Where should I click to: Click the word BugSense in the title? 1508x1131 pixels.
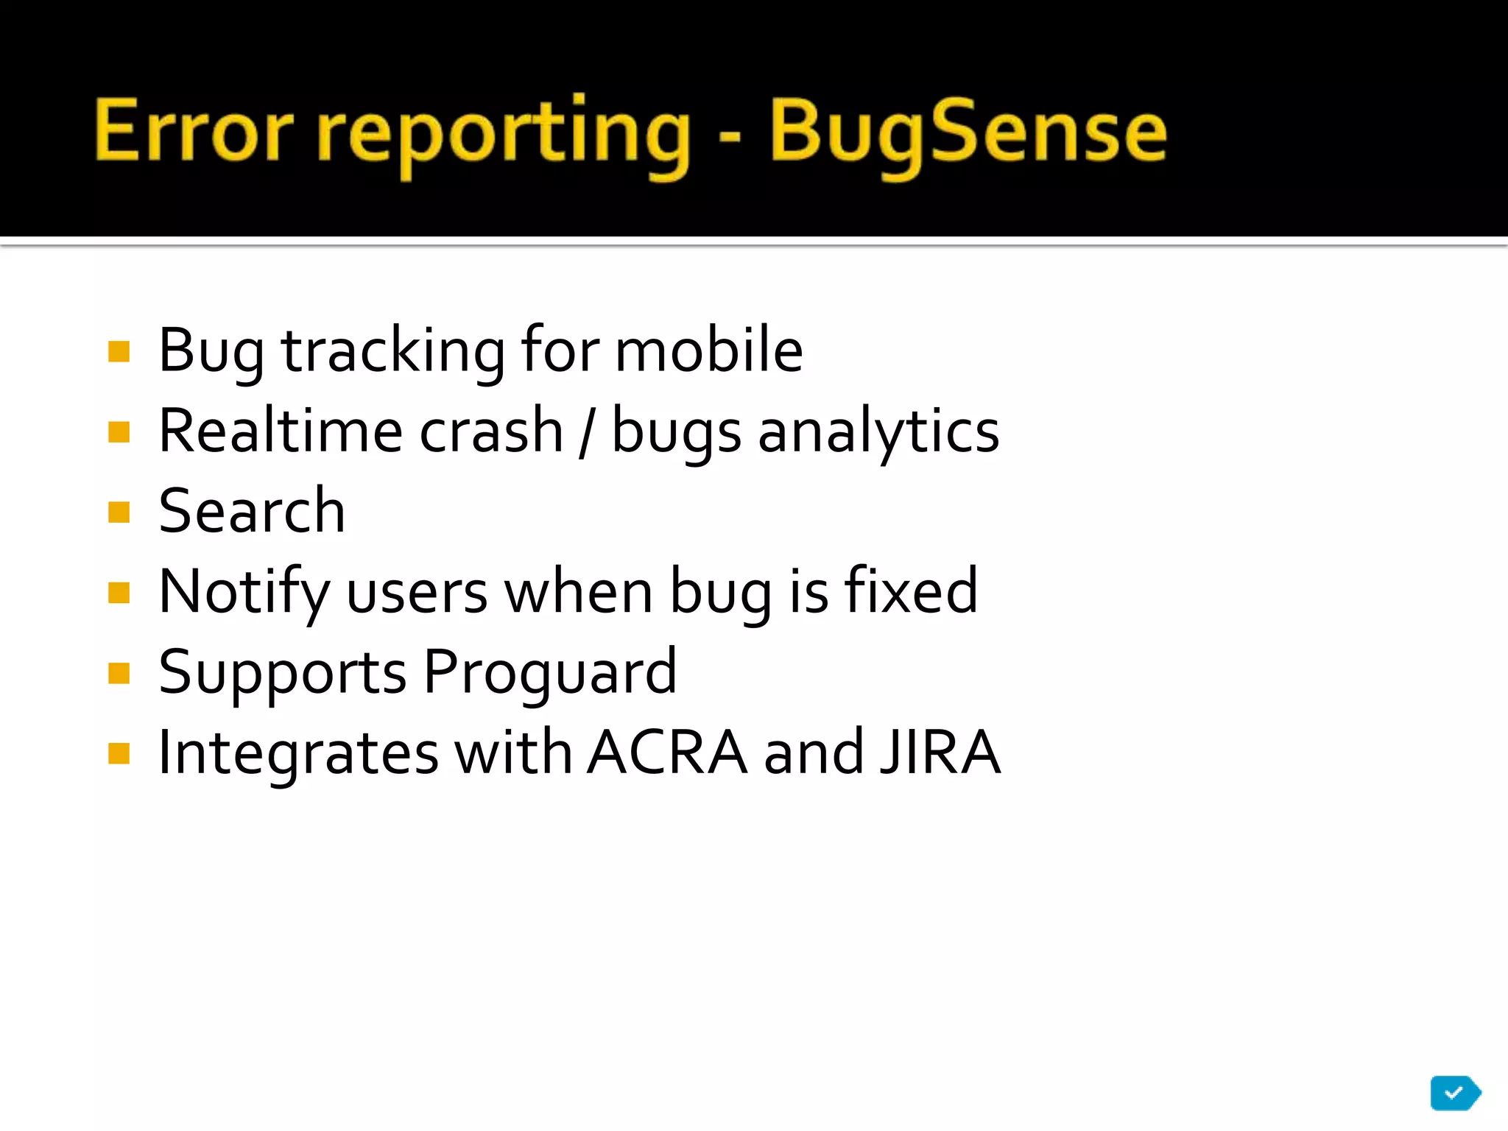coord(968,133)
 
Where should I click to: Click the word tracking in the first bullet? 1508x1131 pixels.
coord(393,352)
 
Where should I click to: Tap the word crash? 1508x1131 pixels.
coord(491,431)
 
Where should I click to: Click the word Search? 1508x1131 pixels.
coord(252,511)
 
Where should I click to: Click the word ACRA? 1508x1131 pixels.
coord(667,753)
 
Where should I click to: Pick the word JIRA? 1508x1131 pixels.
coord(940,753)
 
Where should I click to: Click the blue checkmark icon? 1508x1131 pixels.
coord(1454,1093)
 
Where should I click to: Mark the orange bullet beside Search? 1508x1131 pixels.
coord(119,512)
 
